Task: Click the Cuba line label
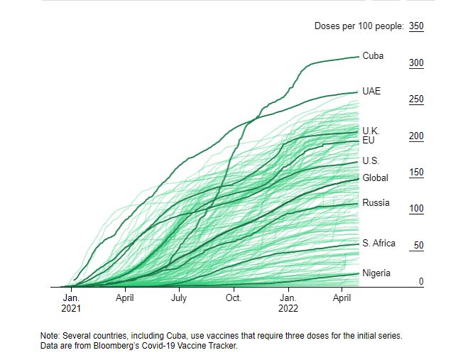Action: tap(373, 55)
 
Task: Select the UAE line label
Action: tap(371, 92)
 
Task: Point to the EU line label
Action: tap(368, 140)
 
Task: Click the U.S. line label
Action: tap(371, 161)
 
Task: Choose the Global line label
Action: tap(375, 178)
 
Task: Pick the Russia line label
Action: tap(376, 202)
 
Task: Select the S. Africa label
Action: tap(378, 243)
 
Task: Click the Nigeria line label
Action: tap(376, 273)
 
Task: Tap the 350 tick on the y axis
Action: tap(416, 26)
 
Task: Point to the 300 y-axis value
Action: tap(416, 63)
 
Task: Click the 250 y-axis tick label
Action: tap(416, 99)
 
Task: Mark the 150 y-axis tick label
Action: tap(416, 173)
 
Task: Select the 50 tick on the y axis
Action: tap(418, 246)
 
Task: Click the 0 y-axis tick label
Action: tap(421, 282)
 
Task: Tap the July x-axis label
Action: tap(179, 299)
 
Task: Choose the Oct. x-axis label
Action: tap(234, 299)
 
